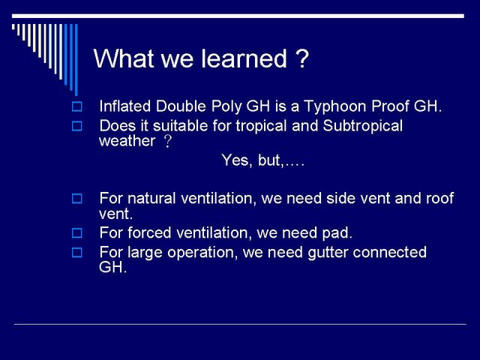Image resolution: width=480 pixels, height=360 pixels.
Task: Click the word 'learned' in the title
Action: tap(244, 58)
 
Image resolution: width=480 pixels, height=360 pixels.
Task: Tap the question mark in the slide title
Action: tap(302, 58)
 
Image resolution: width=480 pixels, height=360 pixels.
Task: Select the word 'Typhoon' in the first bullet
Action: tap(335, 106)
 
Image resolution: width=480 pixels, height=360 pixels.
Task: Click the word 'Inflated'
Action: tap(125, 106)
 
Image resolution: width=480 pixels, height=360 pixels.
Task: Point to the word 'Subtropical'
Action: tap(363, 126)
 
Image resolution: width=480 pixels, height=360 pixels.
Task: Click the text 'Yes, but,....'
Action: tap(263, 160)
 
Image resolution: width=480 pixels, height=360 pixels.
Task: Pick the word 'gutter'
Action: tap(328, 253)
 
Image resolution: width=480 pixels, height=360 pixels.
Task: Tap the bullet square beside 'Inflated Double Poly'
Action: tap(76, 106)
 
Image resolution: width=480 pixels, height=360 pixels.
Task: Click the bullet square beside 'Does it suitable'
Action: tap(76, 126)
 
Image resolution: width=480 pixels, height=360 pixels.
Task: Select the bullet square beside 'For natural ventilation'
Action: tap(76, 199)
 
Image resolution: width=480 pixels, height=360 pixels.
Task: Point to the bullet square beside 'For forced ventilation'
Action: tap(76, 233)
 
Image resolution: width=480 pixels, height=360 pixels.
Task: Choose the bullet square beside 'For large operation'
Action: tap(76, 253)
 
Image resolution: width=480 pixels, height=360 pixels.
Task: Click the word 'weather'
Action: tap(127, 141)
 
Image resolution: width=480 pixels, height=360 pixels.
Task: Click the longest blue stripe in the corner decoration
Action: tap(76, 60)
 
